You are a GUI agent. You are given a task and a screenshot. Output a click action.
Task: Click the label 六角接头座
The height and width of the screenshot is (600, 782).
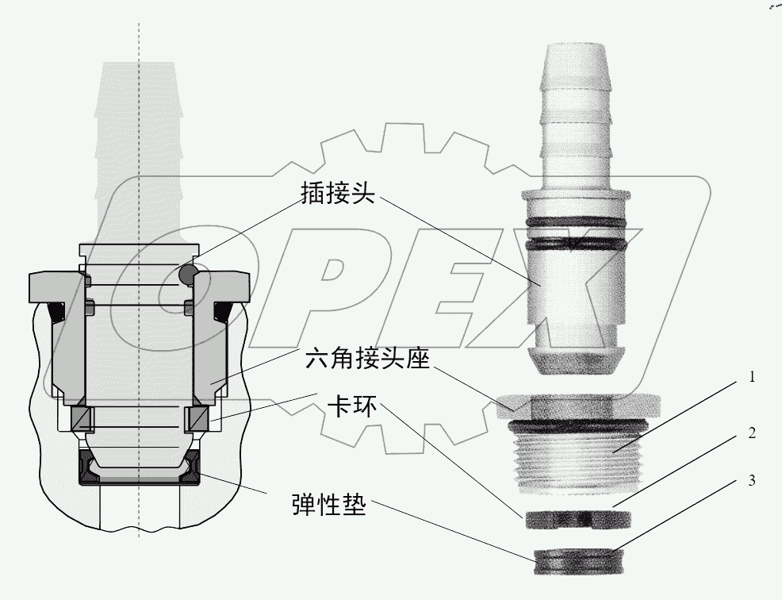click(x=367, y=361)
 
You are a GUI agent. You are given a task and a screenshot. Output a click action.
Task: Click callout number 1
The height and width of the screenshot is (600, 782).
click(x=749, y=379)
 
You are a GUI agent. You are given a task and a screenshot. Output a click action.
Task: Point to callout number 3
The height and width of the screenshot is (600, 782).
click(x=749, y=481)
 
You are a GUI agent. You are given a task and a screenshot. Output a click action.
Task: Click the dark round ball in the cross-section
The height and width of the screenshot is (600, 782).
click(x=189, y=274)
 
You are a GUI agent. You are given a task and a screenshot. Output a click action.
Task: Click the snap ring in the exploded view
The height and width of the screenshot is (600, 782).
click(x=577, y=519)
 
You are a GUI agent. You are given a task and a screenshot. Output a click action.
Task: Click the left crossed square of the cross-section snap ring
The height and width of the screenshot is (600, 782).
click(x=82, y=419)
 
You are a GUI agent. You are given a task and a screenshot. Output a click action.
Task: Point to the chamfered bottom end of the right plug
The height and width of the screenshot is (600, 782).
click(x=575, y=360)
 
